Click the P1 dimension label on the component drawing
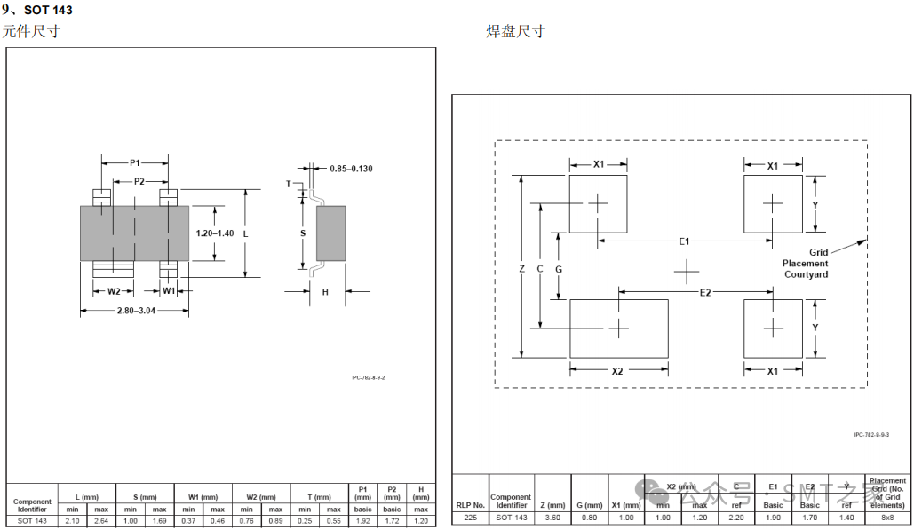135,163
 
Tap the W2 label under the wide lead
113,291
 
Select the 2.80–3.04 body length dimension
135,311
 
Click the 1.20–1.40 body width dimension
214,233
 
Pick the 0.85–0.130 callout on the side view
351,169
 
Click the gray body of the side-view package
330,233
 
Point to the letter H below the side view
325,291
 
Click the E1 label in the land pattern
684,241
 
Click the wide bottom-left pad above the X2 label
618,328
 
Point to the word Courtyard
806,274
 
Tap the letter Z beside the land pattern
522,268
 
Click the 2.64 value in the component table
100,521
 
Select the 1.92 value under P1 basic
362,521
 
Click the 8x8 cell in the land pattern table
887,518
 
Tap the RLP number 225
470,518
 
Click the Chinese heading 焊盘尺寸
515,32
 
